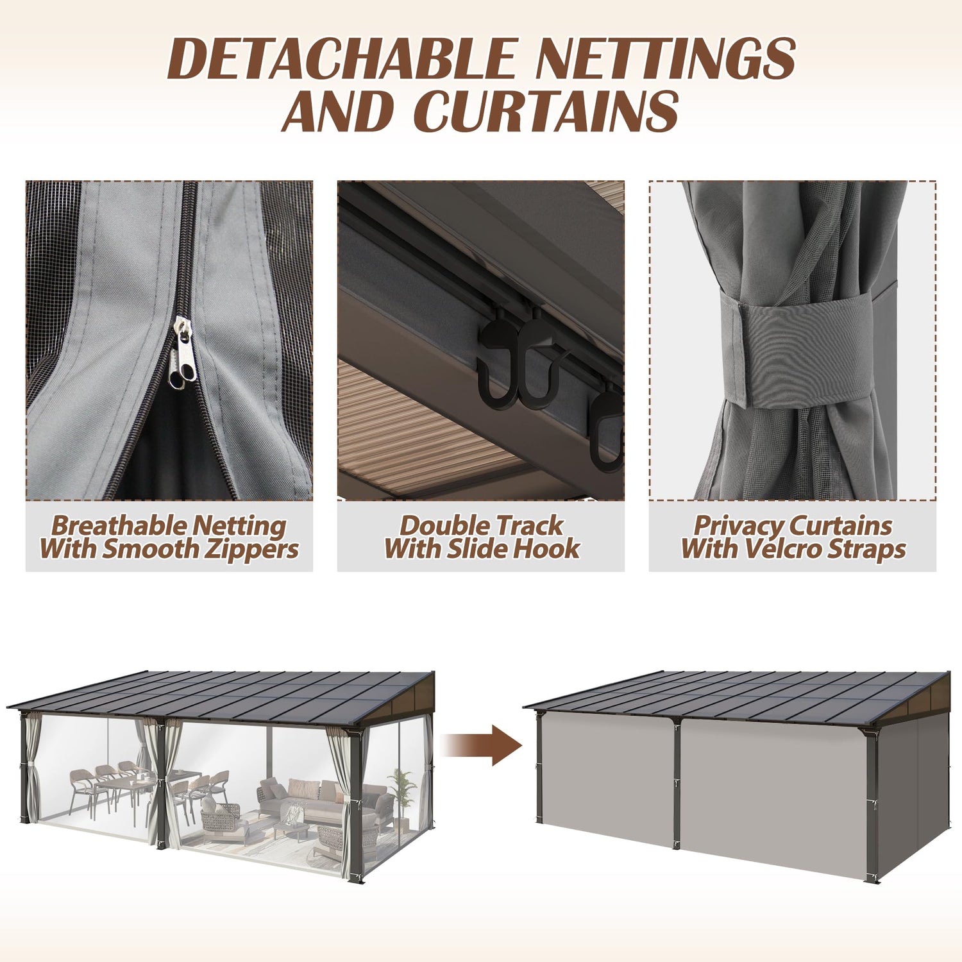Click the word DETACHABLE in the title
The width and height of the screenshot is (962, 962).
coord(343,59)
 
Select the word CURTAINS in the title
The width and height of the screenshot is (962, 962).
coord(546,111)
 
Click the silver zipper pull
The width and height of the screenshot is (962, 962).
coord(181,354)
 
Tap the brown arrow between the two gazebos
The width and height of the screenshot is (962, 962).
coord(482,745)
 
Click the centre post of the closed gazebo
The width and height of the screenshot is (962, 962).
coord(676,784)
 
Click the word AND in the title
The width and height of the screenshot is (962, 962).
coord(339,111)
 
